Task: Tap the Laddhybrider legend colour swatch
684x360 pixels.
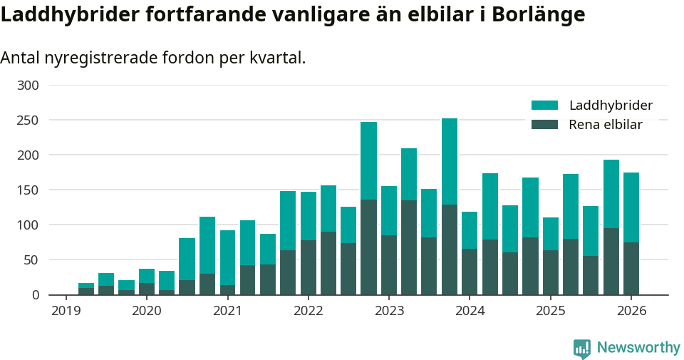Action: [x=544, y=106]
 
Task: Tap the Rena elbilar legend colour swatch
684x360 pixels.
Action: [x=544, y=125]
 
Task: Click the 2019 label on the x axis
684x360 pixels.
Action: [x=66, y=311]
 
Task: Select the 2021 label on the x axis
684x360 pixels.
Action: [x=227, y=311]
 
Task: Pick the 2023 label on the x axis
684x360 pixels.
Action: [x=389, y=311]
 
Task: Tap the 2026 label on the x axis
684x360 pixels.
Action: [x=631, y=311]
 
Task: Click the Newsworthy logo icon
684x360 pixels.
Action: [x=581, y=348]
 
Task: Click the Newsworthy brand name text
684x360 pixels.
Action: [x=638, y=348]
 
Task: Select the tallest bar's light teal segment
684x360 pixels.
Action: [x=450, y=161]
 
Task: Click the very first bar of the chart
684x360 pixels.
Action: [x=86, y=289]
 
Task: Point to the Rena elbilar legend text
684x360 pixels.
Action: [x=606, y=125]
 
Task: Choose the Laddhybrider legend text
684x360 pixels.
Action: [x=611, y=106]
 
